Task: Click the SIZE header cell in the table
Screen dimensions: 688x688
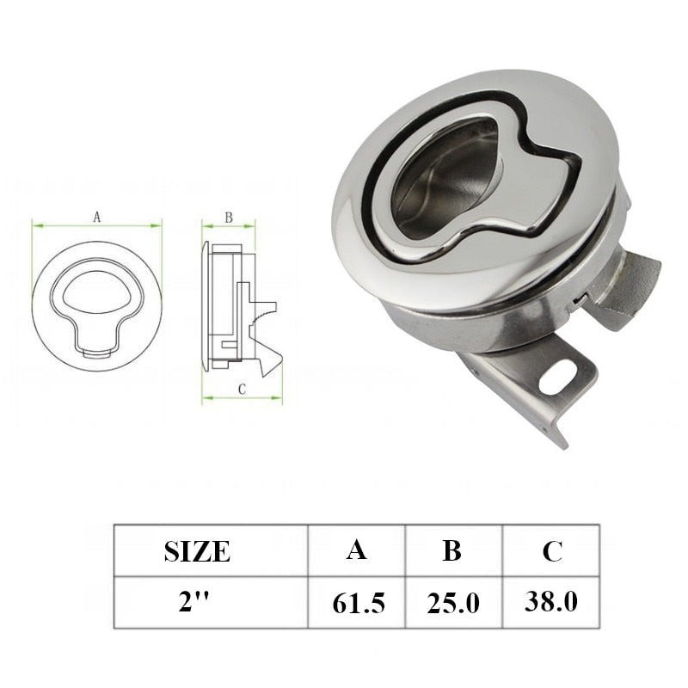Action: point(197,550)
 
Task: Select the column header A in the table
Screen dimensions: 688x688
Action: point(356,550)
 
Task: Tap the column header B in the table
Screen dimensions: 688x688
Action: point(452,550)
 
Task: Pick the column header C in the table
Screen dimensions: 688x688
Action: point(552,550)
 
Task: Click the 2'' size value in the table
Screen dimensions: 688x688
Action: point(197,601)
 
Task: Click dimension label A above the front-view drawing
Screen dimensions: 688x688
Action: point(97,218)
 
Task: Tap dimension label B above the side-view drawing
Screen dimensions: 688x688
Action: point(229,218)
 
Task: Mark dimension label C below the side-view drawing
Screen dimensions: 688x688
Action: point(242,389)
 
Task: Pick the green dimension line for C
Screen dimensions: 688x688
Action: point(242,399)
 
